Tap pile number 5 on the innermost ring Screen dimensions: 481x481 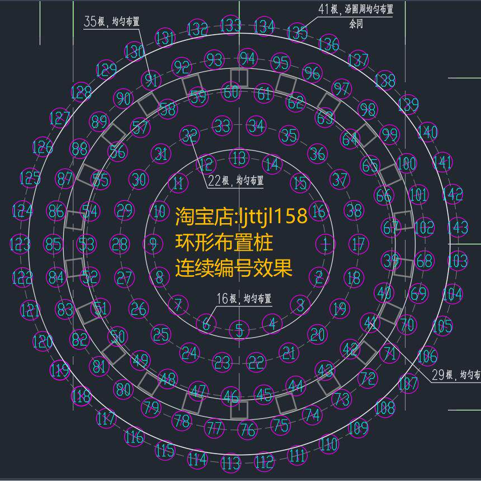[239, 331]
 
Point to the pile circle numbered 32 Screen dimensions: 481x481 [190, 135]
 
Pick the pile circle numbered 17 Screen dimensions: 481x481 [359, 244]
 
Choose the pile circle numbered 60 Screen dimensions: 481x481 [230, 92]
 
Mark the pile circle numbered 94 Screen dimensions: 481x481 [247, 59]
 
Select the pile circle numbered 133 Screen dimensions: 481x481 [230, 25]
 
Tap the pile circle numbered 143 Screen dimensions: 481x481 [458, 228]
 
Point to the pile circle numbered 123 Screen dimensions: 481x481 [20, 244]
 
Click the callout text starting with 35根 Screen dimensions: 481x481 [111, 22]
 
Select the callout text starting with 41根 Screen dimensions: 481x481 [355, 10]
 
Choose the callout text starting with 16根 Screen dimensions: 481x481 [244, 299]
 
